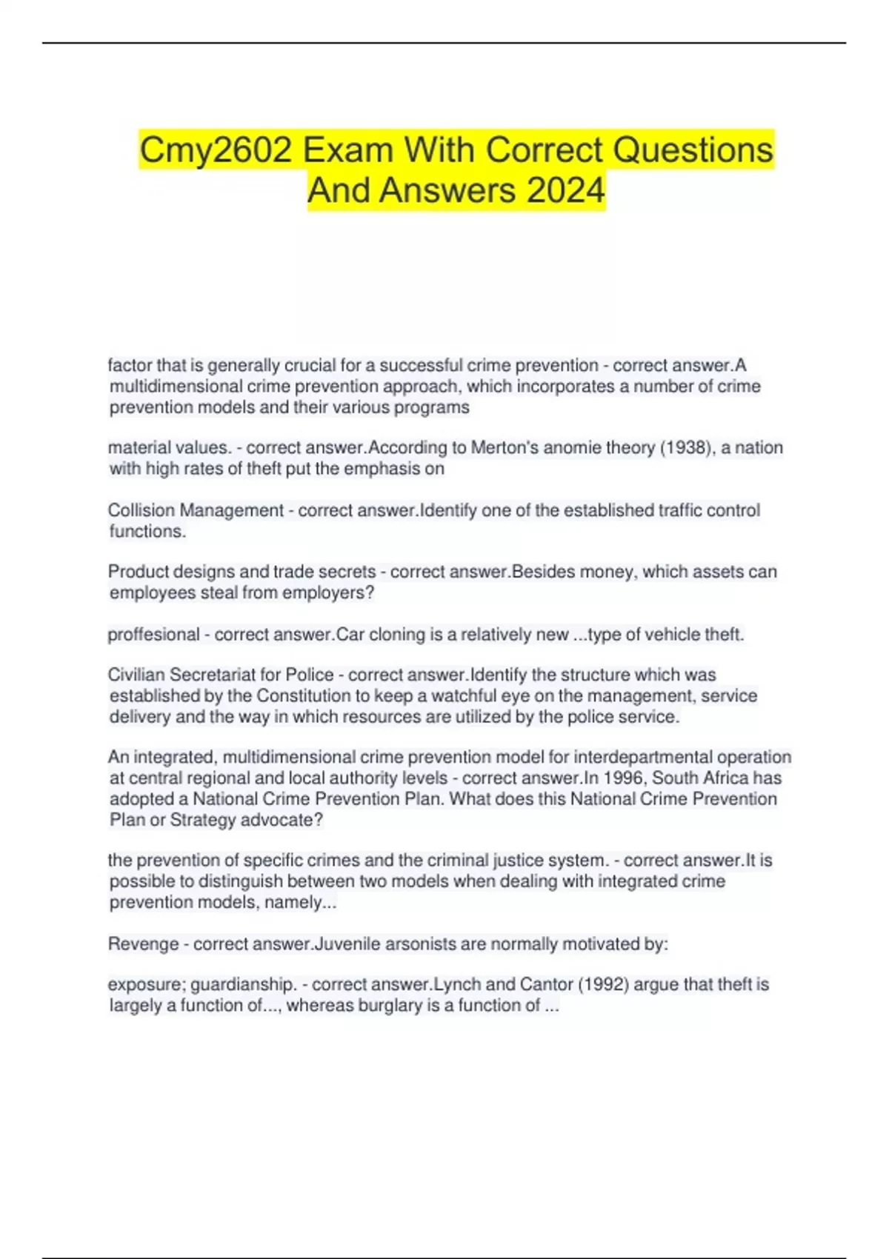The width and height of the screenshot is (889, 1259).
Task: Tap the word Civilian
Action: coord(136,675)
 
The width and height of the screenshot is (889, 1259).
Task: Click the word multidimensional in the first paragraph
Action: coord(176,386)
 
